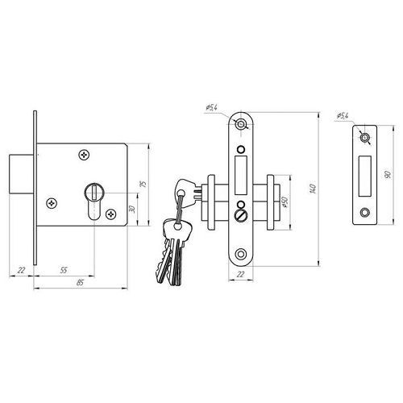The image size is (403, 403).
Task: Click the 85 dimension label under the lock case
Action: (80, 282)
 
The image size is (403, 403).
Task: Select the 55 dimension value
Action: (64, 270)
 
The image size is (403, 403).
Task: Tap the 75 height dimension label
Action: (143, 185)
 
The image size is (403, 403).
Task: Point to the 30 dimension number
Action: (132, 209)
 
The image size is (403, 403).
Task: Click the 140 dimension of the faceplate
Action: (313, 189)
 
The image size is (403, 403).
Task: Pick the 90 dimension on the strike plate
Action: (388, 175)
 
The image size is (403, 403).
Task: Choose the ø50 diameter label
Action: (285, 202)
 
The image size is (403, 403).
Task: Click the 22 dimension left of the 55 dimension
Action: (21, 270)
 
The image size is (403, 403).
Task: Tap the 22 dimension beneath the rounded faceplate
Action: (241, 274)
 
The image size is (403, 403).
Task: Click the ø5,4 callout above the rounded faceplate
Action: (211, 108)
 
